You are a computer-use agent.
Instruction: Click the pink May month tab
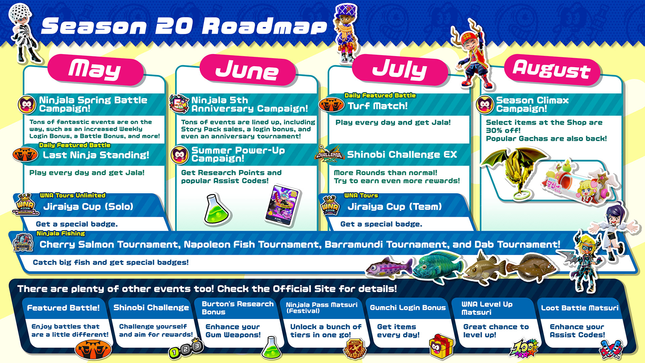[x=96, y=70]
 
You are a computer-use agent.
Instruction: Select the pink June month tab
[x=248, y=70]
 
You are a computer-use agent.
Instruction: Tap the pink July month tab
[x=400, y=70]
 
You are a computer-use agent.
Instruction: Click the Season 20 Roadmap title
[x=184, y=26]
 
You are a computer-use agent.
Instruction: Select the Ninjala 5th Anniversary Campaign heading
[x=250, y=104]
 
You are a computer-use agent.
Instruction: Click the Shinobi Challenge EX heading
[x=402, y=155]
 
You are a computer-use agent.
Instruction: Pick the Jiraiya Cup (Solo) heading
[x=88, y=206]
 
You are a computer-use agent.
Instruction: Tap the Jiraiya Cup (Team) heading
[x=394, y=206]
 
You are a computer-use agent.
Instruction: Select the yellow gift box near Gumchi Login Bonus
[x=441, y=347]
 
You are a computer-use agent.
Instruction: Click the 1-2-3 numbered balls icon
[x=186, y=349]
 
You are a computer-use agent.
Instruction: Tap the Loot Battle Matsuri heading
[x=579, y=308]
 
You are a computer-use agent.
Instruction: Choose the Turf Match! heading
[x=378, y=106]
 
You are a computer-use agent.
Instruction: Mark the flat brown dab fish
[x=531, y=267]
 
